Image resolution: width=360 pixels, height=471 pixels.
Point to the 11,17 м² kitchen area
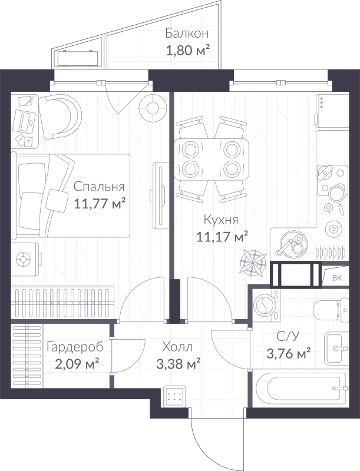click(x=221, y=237)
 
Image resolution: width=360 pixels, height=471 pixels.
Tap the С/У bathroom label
click(x=289, y=337)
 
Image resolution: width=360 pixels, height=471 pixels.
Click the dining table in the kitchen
click(x=212, y=159)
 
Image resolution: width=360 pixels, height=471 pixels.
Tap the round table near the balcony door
click(x=152, y=108)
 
